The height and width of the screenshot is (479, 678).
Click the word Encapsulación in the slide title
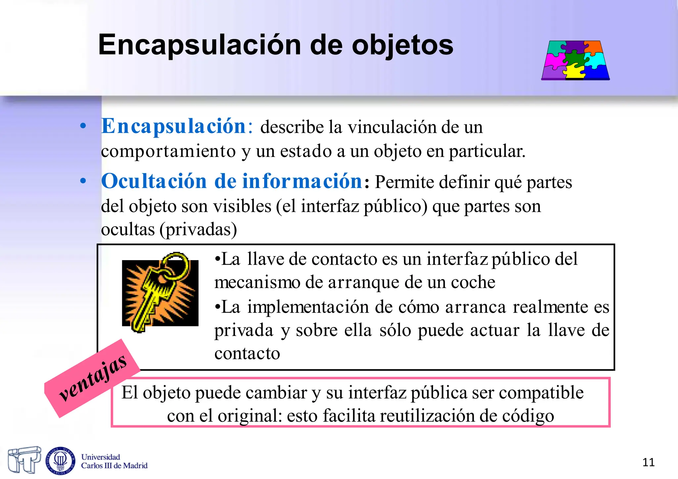198,46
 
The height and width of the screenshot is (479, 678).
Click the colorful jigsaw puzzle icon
575,60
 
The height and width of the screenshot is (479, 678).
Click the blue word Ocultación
154,181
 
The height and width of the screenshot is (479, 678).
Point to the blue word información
302,181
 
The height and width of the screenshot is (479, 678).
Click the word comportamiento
168,152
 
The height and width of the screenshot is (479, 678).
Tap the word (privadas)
198,230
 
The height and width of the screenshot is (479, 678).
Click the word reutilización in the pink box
427,416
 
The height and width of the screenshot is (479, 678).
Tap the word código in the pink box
528,416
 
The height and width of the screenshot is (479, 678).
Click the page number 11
648,462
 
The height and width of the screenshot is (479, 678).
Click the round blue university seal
60,460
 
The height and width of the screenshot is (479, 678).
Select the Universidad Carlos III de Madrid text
114,461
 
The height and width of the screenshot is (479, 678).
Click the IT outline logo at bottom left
24,459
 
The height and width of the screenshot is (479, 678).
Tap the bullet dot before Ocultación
83,181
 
